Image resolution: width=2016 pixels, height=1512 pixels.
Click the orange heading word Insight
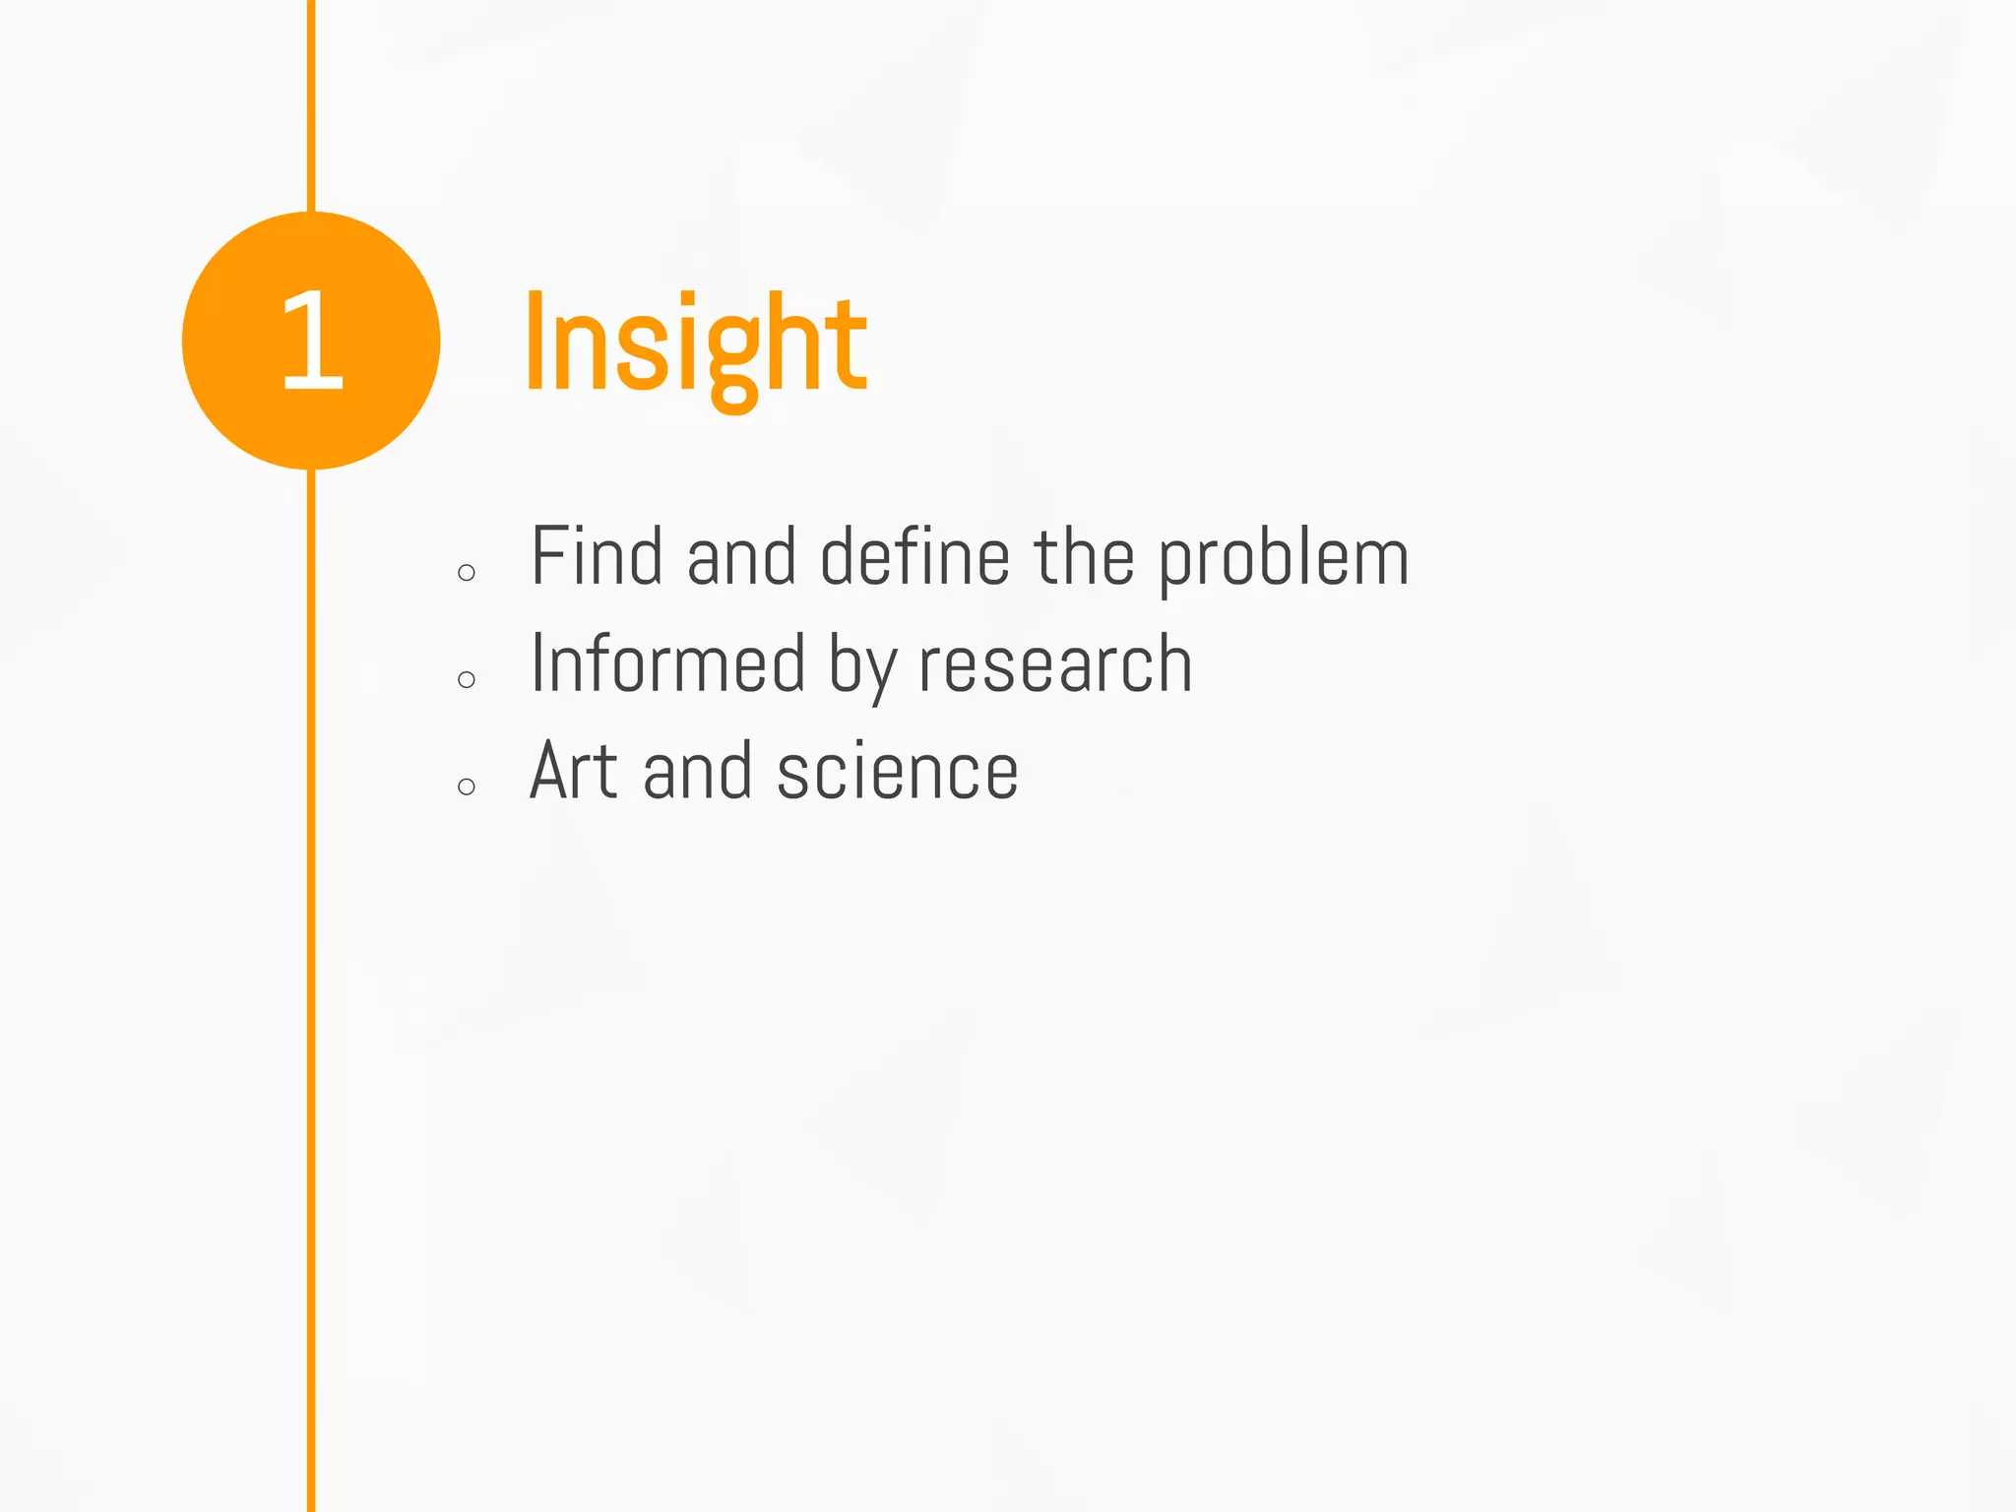[x=695, y=345]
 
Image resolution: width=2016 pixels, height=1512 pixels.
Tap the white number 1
[x=312, y=341]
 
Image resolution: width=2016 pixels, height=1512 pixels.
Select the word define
[x=914, y=557]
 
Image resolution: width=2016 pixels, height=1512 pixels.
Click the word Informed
[x=668, y=663]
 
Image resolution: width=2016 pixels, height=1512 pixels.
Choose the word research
[x=1055, y=665]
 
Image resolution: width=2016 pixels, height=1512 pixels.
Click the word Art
[x=574, y=771]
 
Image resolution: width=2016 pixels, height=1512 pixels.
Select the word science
[x=898, y=773]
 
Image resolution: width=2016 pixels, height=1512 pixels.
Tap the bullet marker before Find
[x=467, y=573]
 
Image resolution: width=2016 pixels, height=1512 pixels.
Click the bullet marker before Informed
[x=467, y=679]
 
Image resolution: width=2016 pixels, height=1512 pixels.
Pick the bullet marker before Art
[x=467, y=786]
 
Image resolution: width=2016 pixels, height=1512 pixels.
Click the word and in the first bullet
[x=741, y=557]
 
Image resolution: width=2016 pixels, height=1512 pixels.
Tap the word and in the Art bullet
[x=698, y=771]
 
